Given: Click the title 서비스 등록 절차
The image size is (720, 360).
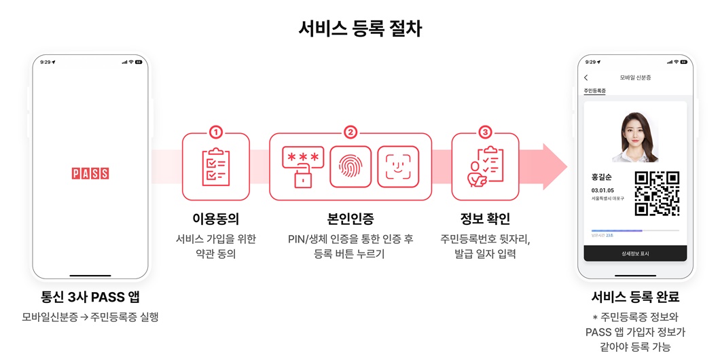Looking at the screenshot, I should click(360, 28).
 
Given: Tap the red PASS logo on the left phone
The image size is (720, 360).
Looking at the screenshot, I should click(90, 173).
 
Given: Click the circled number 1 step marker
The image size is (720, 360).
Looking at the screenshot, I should click(215, 132).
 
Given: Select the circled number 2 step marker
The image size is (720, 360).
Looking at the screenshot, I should click(350, 132).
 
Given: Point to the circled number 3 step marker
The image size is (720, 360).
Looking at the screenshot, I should click(484, 132).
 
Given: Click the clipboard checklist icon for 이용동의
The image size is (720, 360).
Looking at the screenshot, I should click(215, 167).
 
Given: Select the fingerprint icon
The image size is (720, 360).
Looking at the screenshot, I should click(350, 167).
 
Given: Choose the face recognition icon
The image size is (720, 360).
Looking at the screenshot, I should click(398, 167).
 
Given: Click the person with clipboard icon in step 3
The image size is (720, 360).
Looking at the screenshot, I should click(484, 167).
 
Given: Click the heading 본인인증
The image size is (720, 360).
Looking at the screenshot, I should click(350, 219).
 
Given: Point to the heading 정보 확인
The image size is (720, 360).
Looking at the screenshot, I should click(484, 219).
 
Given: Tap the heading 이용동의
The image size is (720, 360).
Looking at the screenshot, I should click(215, 219).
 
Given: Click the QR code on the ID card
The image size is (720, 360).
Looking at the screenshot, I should click(657, 194).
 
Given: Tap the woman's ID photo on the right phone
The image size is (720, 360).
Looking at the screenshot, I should click(635, 137).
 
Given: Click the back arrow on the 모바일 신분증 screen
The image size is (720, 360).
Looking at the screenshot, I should click(586, 78).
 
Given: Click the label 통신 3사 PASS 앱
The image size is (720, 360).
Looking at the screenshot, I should click(90, 298).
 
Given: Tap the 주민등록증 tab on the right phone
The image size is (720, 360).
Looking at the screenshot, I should click(595, 91).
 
